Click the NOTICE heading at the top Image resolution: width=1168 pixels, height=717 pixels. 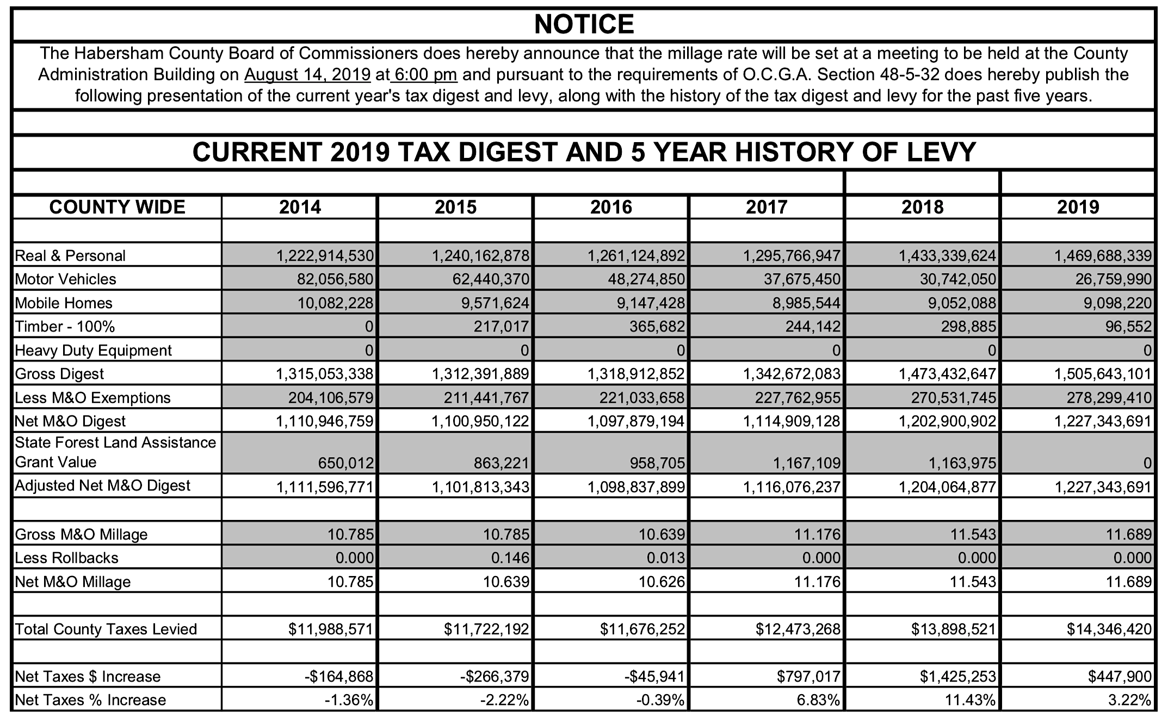[584, 24]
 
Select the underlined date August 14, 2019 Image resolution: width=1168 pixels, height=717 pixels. [307, 75]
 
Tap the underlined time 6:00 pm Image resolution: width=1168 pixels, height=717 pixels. [425, 75]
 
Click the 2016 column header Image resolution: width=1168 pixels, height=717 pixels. [611, 207]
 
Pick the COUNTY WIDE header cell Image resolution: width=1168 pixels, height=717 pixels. [117, 207]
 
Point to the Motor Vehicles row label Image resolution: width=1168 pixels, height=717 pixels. [66, 279]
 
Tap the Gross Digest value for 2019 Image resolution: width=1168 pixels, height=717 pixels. [1103, 374]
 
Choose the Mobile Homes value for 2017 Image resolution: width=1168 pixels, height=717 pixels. [806, 303]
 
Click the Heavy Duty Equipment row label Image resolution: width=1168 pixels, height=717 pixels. [93, 351]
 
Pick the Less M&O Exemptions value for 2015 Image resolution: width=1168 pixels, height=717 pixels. [486, 398]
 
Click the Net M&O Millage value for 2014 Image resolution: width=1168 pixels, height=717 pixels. [350, 582]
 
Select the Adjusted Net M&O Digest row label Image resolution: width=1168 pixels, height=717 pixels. [102, 486]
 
